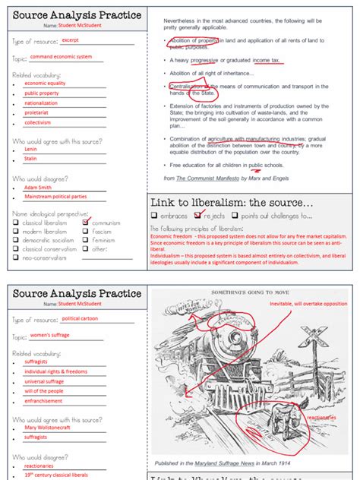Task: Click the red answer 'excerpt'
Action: pos(71,39)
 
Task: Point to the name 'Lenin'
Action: pos(31,150)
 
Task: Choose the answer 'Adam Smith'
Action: pos(39,187)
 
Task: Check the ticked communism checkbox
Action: pos(86,223)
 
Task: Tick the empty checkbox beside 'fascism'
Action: pos(86,232)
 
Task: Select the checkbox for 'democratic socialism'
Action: pos(16,240)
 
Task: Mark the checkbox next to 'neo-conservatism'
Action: pos(16,257)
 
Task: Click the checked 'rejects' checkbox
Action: pos(198,215)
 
